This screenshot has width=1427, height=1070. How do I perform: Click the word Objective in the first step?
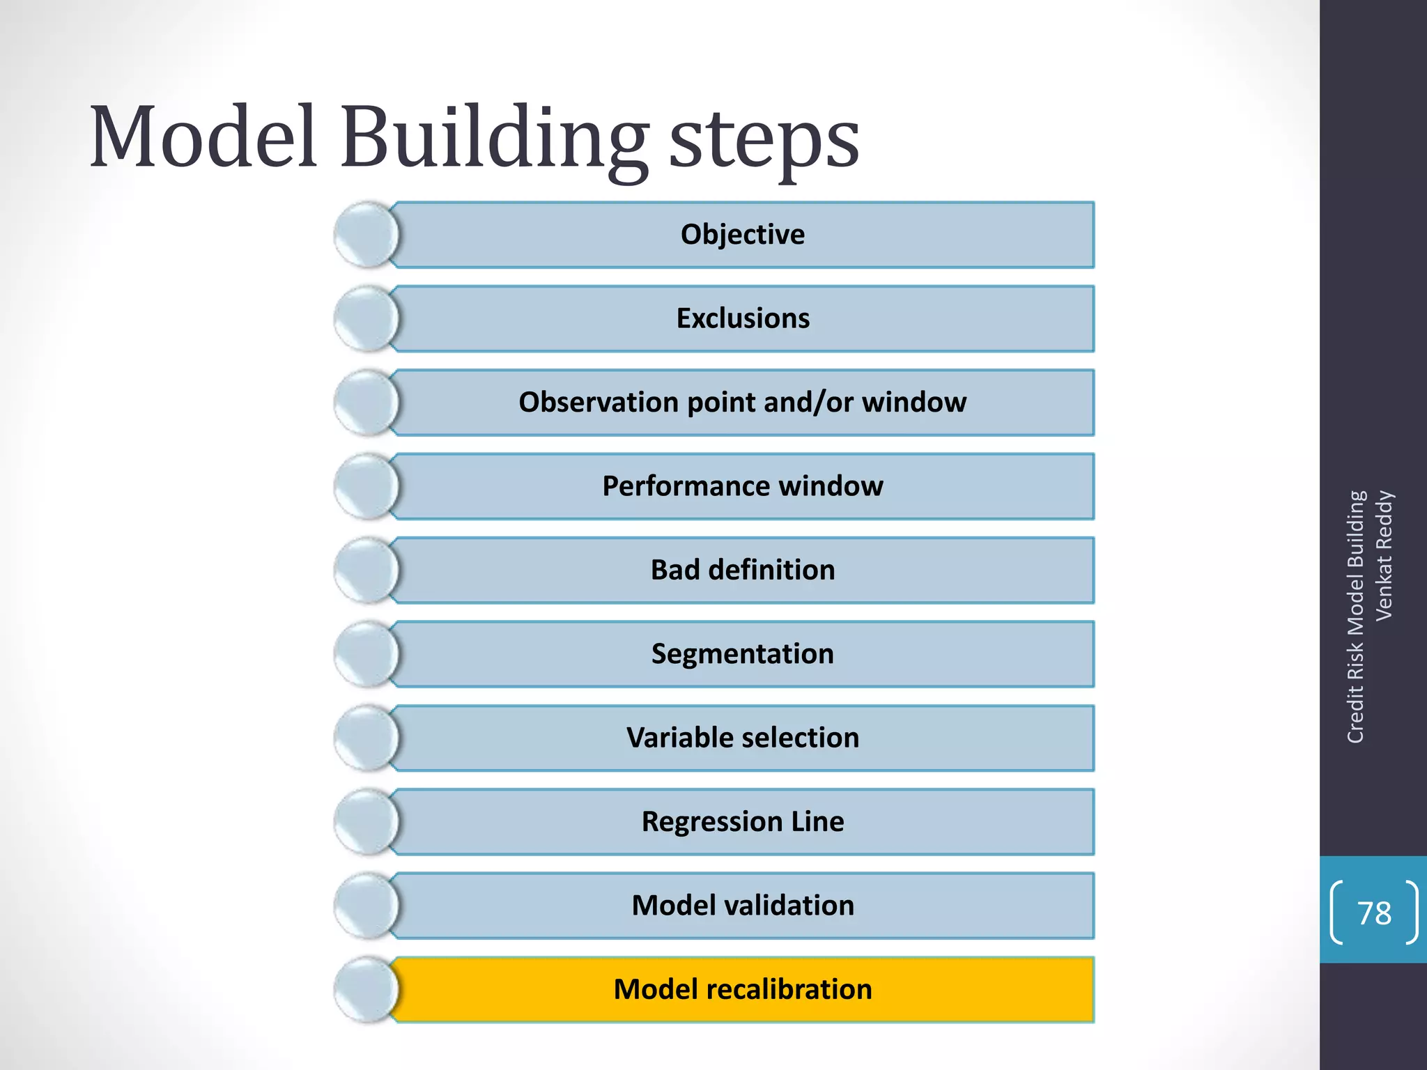click(742, 235)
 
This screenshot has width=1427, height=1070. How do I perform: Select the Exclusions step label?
click(743, 318)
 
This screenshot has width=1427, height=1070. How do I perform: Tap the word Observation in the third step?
click(599, 403)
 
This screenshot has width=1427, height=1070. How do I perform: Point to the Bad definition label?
click(743, 570)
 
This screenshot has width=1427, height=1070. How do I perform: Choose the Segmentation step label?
click(742, 654)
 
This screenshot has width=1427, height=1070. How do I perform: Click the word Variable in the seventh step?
click(669, 738)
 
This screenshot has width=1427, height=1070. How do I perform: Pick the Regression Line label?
click(743, 822)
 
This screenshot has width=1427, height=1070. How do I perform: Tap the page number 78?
click(1374, 913)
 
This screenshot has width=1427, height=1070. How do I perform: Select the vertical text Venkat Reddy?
click(1384, 555)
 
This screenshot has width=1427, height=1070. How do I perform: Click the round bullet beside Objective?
click(367, 235)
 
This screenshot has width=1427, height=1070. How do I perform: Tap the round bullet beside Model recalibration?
click(367, 989)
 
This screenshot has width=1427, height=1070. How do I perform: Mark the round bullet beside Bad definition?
click(367, 570)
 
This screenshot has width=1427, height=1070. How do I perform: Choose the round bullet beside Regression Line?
click(367, 822)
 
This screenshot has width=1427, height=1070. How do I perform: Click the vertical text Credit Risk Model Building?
click(1355, 617)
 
